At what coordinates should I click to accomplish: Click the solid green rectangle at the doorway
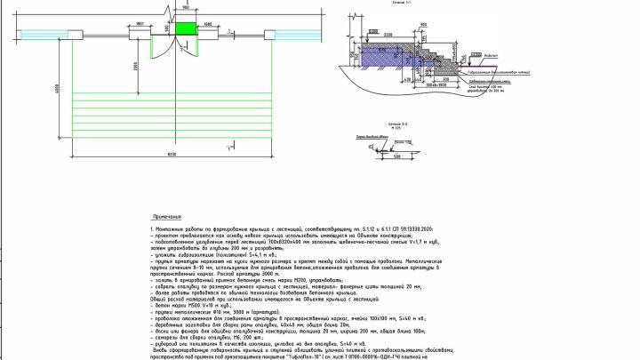pos(187,28)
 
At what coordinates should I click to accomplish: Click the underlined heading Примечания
pos(167,216)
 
